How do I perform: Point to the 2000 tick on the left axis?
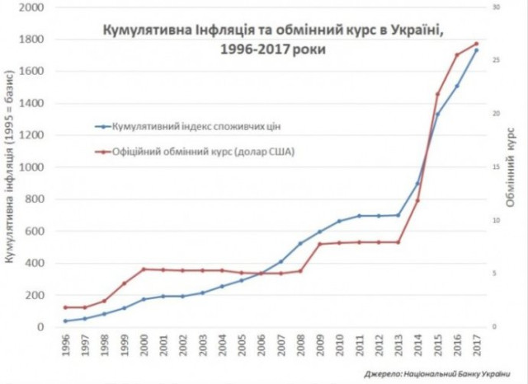(x=31, y=7)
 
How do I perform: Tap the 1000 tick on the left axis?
(x=31, y=167)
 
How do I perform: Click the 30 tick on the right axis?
(x=497, y=7)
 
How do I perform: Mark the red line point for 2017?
(x=476, y=44)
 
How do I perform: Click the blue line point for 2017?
(x=476, y=50)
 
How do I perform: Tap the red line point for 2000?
(x=144, y=269)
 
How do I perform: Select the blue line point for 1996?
(x=65, y=321)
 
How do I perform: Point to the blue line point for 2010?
(x=339, y=221)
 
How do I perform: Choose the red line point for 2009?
(x=319, y=244)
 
